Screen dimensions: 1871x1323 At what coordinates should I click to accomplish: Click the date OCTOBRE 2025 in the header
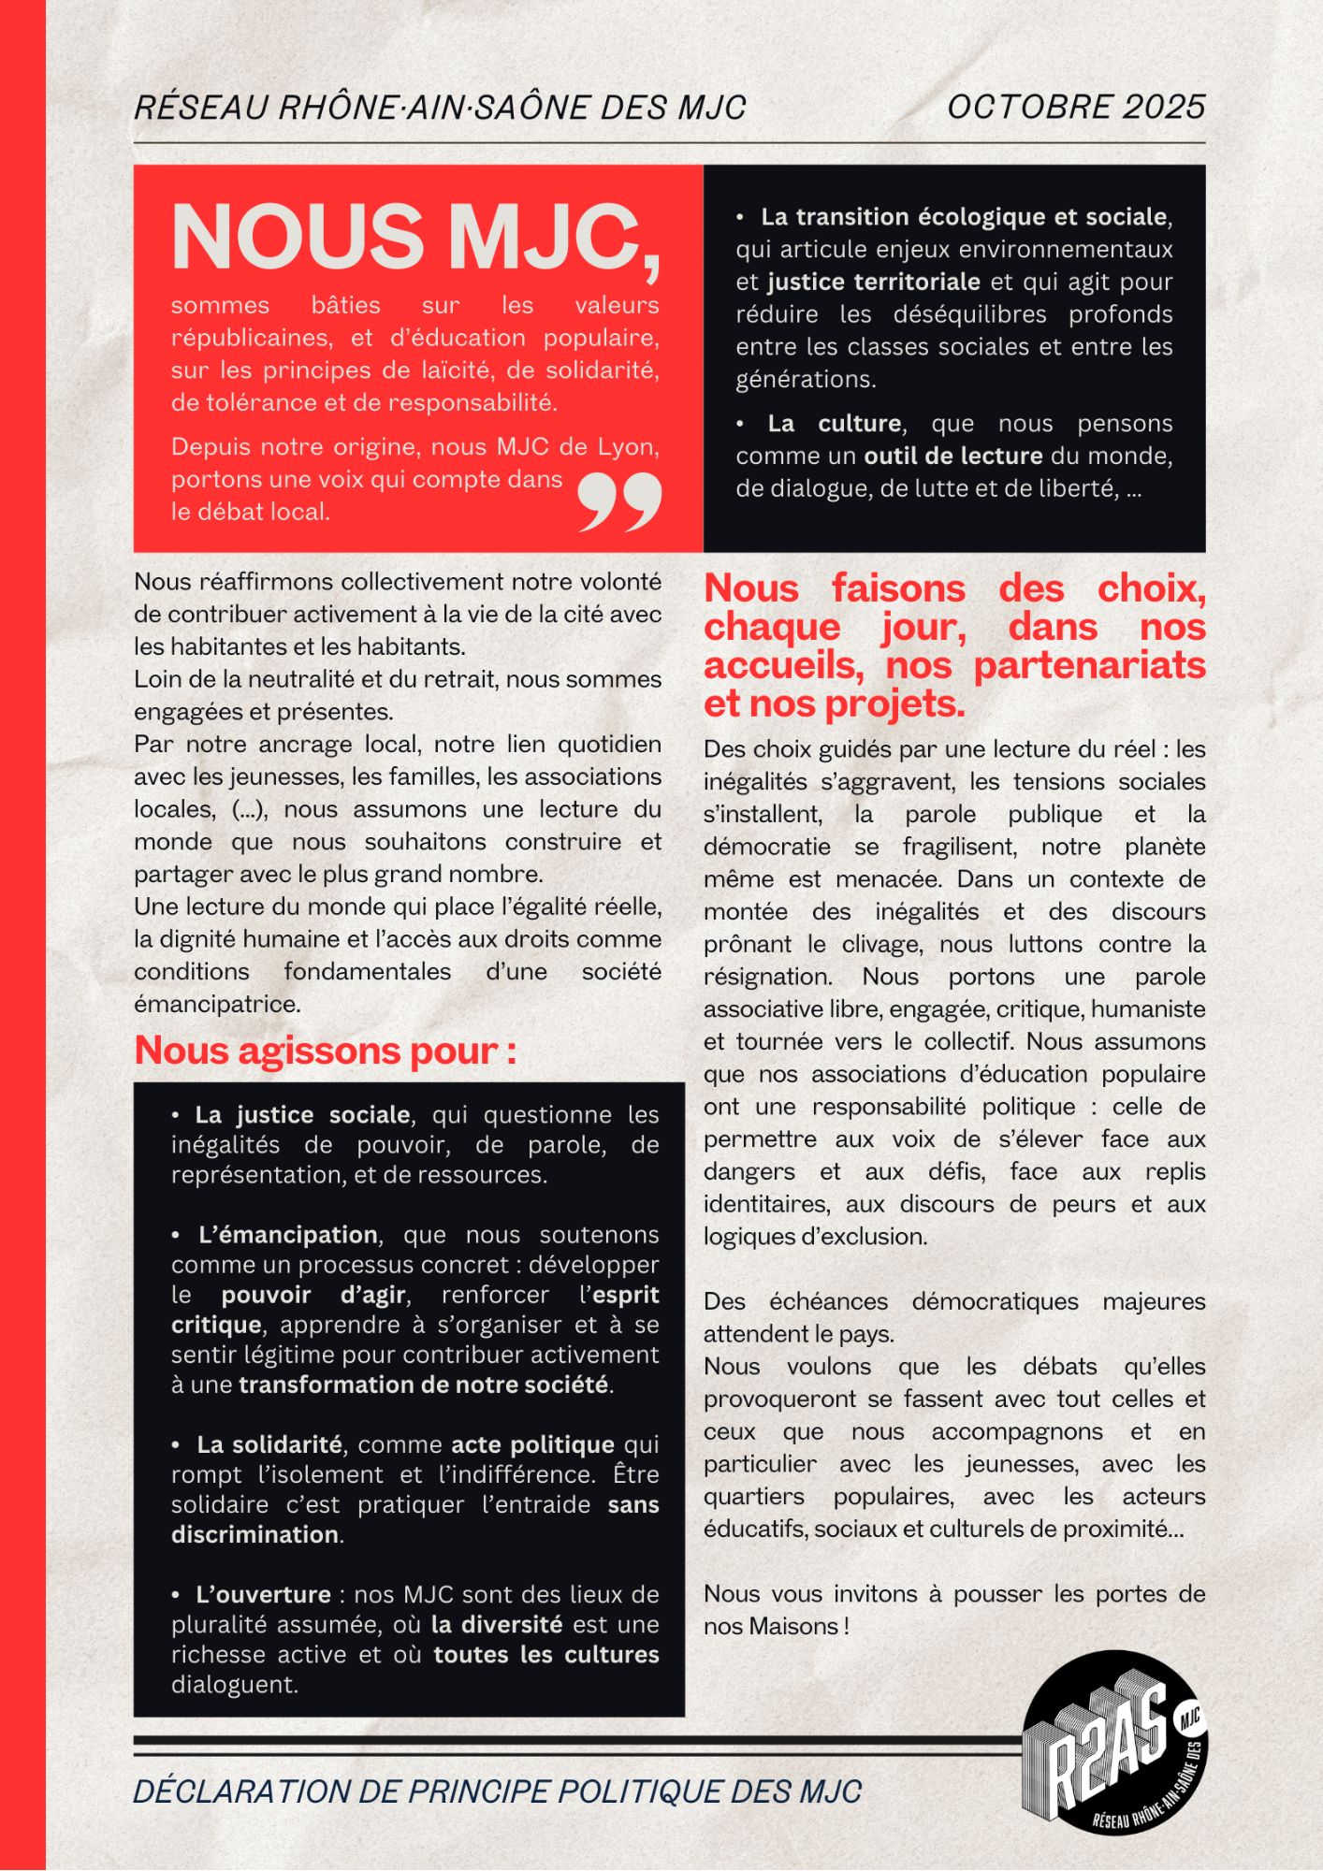coord(1076,108)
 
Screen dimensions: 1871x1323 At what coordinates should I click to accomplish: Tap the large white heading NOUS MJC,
coord(415,238)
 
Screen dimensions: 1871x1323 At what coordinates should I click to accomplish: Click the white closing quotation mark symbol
coord(619,502)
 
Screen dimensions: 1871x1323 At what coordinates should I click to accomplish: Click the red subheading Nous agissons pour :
coord(325,1052)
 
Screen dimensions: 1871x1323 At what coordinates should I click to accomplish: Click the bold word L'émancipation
coord(288,1235)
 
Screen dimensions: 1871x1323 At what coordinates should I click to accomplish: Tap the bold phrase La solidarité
coord(269,1444)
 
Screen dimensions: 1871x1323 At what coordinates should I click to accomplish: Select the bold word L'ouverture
coord(264,1594)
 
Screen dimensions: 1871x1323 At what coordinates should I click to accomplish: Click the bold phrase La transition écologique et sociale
coord(964,217)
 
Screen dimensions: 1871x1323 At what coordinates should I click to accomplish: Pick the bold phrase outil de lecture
coord(952,456)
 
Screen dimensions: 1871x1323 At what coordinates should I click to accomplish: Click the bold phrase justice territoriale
coord(874,282)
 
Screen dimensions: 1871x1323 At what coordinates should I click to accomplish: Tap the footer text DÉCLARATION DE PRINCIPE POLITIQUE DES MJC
coord(497,1791)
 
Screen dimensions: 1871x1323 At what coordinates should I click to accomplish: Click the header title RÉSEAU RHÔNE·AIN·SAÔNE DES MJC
coord(440,108)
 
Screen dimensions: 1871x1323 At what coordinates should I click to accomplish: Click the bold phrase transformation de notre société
coord(423,1385)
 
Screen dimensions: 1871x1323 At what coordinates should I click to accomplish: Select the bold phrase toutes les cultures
coord(545,1654)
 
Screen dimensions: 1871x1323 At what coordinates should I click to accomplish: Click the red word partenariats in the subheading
coord(1089,665)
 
